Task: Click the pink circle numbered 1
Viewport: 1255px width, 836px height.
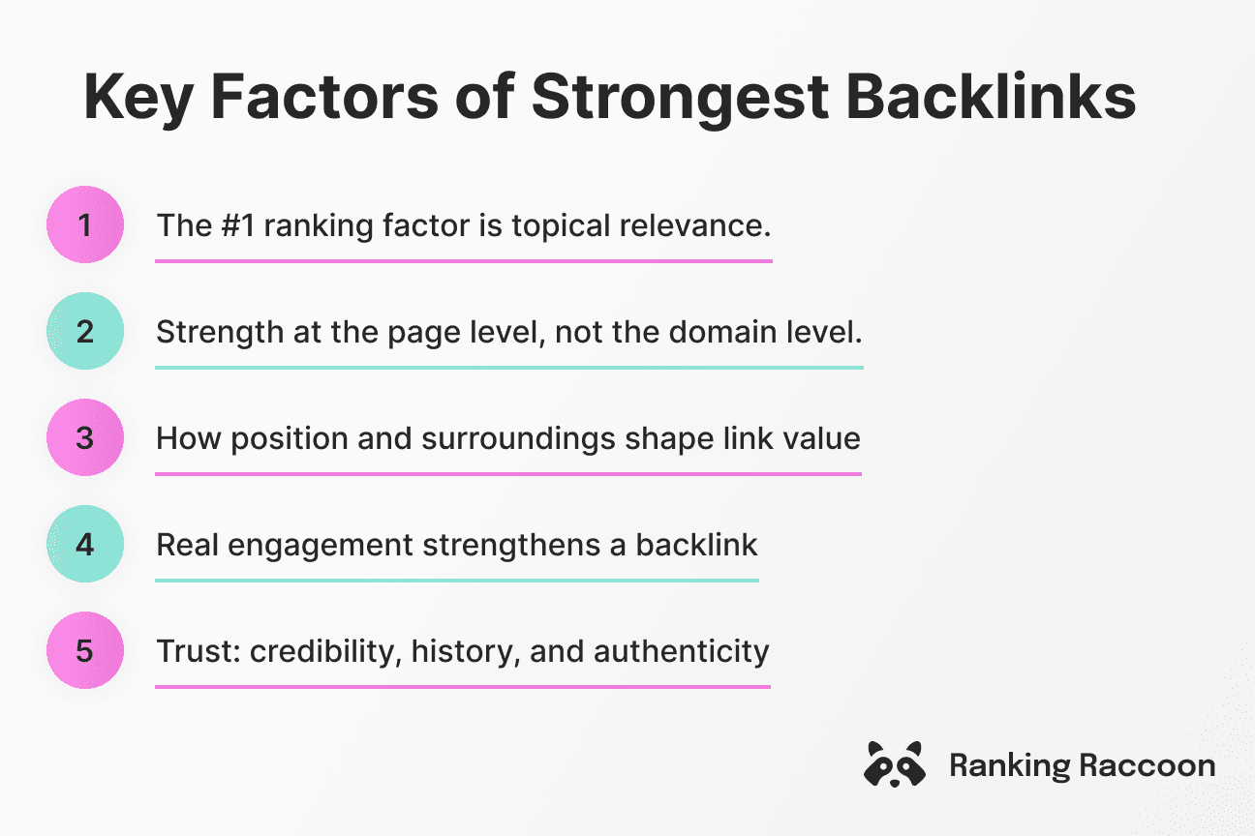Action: click(85, 225)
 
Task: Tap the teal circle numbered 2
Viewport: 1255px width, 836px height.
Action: click(85, 332)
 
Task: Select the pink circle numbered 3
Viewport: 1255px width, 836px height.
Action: click(85, 438)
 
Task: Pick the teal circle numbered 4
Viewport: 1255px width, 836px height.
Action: click(85, 545)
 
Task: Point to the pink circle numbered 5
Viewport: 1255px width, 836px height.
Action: click(85, 650)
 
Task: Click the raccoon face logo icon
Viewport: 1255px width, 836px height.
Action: click(893, 764)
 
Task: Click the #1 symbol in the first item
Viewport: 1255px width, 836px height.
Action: click(232, 226)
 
